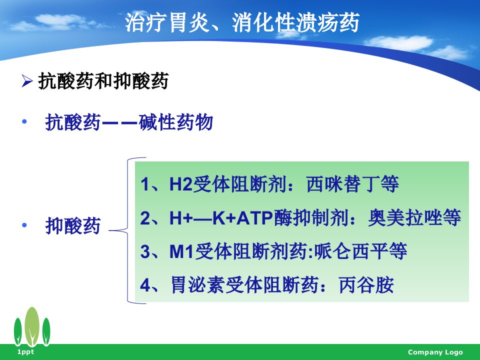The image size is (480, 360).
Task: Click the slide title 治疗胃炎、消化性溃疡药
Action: coord(242,22)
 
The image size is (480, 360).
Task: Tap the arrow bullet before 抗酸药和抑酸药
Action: coord(27,81)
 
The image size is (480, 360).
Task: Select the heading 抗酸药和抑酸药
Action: coord(103,81)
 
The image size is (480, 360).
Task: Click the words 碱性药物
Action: coord(175,122)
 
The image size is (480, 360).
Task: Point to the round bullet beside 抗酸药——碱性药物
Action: coord(24,122)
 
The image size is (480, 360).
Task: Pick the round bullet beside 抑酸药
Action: coord(24,225)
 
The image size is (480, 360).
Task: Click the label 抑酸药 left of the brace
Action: coord(73,225)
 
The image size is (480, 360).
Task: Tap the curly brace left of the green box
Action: coord(127,230)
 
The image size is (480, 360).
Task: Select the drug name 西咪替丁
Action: coord(342,184)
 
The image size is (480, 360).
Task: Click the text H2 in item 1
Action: coord(181,184)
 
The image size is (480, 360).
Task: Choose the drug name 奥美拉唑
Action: coord(405,217)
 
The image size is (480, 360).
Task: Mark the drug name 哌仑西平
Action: coord(351,251)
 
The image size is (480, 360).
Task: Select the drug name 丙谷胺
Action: coord(366,285)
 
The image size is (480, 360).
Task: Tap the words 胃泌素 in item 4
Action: coord(198,285)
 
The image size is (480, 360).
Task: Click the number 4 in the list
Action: coord(145,285)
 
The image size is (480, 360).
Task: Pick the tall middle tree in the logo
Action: coord(32,326)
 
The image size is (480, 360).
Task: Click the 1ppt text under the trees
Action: coord(25,351)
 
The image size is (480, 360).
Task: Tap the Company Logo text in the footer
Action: coord(435,352)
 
